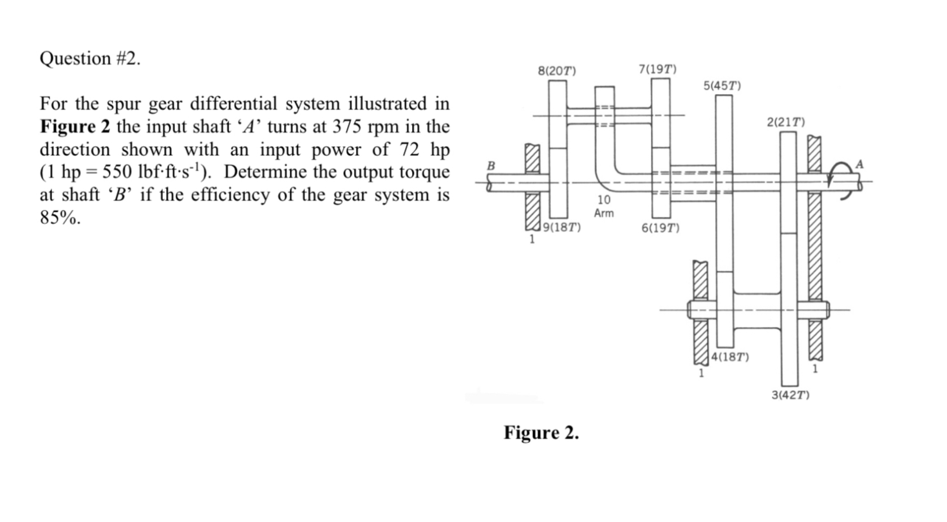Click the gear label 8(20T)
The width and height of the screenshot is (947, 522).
(x=557, y=70)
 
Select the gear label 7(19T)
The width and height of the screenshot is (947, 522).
(x=657, y=69)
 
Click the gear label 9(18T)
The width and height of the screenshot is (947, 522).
(x=563, y=227)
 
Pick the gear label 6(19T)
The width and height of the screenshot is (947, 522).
(x=660, y=228)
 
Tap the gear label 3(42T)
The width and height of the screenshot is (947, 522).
(x=790, y=394)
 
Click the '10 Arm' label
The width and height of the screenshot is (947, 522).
(x=603, y=207)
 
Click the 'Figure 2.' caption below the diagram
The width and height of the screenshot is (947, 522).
(x=541, y=433)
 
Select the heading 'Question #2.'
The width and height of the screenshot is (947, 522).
(x=89, y=59)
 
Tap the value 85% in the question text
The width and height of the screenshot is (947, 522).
(x=61, y=218)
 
